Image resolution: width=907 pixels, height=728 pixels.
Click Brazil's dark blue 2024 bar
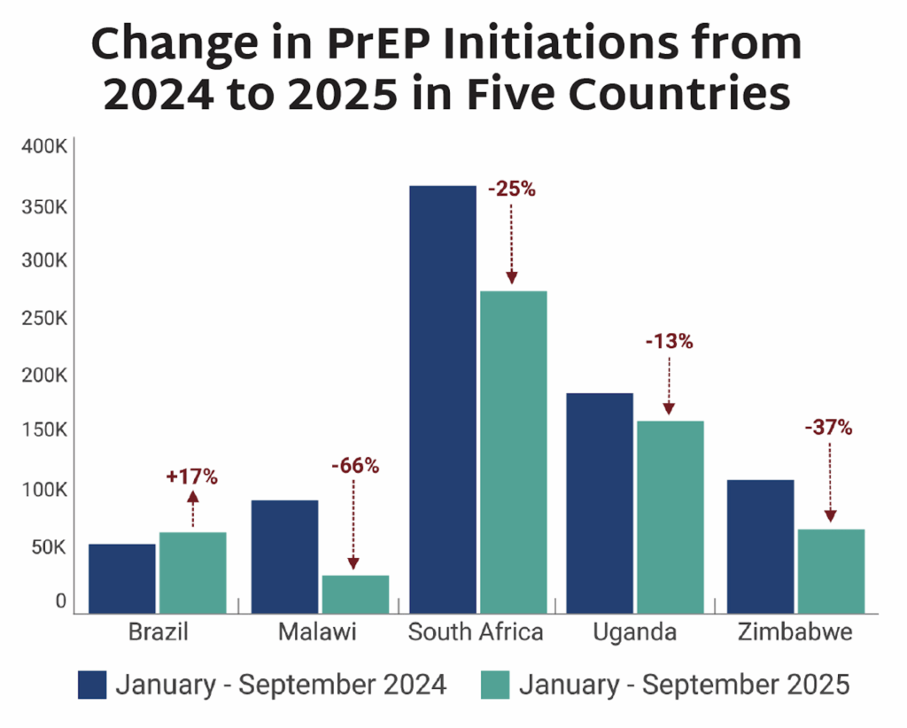(122, 577)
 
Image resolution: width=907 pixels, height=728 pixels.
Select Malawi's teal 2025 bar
(355, 593)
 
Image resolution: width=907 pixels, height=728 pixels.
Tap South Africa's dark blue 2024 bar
(443, 399)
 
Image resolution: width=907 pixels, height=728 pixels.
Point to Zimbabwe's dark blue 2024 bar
(760, 546)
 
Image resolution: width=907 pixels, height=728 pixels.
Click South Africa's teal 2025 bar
(513, 451)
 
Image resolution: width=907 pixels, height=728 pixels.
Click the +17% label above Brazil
(191, 476)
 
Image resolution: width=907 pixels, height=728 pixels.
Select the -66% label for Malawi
(353, 466)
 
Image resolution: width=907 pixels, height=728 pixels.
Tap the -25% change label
(510, 189)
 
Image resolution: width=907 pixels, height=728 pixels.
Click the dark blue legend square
(92, 685)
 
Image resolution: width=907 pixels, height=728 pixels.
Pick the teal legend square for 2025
(494, 685)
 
